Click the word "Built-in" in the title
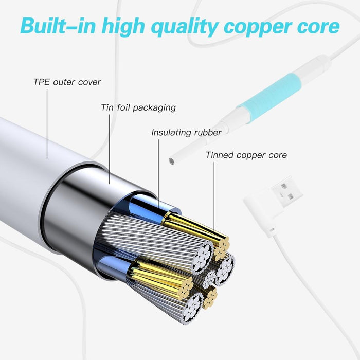pyautogui.click(x=57, y=26)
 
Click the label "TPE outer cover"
pyautogui.click(x=67, y=82)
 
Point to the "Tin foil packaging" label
pyautogui.click(x=138, y=107)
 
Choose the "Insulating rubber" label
pyautogui.click(x=186, y=133)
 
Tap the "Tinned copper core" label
pyautogui.click(x=246, y=155)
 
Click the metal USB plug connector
pyautogui.click(x=286, y=189)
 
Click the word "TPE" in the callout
pyautogui.click(x=41, y=82)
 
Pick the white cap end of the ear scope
pyautogui.click(x=315, y=64)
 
